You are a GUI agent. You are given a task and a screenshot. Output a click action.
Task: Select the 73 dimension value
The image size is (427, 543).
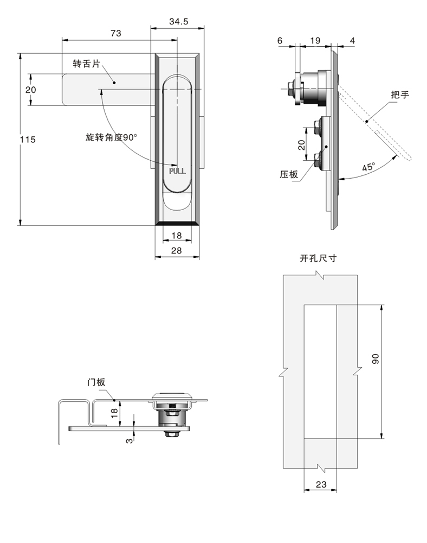coord(115,33)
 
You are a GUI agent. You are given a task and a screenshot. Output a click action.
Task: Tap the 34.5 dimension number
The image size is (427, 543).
coord(178,22)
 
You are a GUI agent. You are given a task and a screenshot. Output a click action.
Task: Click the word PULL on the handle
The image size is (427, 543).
coord(177,171)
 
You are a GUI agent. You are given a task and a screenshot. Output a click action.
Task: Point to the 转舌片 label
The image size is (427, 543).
coord(86,64)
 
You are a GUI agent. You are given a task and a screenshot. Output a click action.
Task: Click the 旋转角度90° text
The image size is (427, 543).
coord(112,137)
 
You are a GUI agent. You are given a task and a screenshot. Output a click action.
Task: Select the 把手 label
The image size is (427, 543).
coord(400,95)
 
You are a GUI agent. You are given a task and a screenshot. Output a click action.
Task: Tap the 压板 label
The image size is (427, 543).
coord(289,175)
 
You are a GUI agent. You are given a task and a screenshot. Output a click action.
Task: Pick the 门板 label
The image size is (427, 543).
coord(97,382)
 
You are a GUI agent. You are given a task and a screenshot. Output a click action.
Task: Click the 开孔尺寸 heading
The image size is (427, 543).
coord(318,258)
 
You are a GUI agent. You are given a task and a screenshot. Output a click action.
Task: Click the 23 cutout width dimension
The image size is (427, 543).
coord(320,485)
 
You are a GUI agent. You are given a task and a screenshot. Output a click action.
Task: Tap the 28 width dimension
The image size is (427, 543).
coord(177,250)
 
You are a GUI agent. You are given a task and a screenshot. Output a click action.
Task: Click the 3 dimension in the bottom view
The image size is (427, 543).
coord(128,440)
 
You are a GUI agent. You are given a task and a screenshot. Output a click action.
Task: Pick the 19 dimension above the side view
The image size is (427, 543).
coord(315,41)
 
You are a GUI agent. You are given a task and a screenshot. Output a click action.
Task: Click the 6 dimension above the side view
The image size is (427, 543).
coord(280,41)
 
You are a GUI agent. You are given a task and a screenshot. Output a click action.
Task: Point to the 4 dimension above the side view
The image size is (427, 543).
coord(352,41)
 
